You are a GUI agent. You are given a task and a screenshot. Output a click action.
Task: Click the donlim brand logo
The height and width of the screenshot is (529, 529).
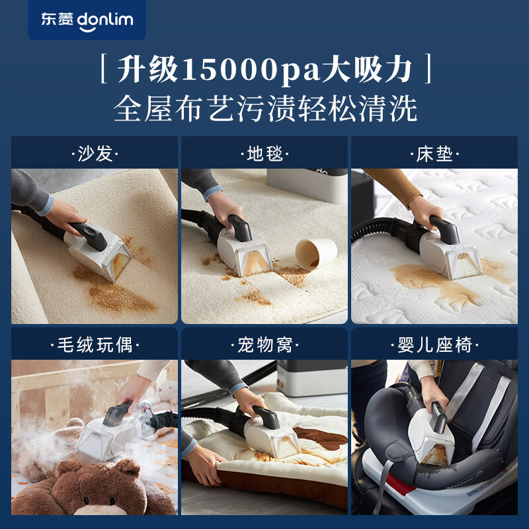coord(87,20)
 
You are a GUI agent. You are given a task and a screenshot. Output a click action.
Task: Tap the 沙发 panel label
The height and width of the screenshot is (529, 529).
coord(95,155)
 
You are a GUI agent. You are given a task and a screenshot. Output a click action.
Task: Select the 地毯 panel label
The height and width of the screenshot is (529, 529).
coord(264,155)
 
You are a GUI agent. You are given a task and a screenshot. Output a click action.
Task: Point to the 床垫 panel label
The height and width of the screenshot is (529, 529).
coord(434,155)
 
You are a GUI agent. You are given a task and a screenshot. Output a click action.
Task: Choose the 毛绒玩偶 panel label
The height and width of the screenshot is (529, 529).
coord(95,345)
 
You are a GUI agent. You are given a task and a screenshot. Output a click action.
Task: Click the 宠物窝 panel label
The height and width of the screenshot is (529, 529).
coord(264,345)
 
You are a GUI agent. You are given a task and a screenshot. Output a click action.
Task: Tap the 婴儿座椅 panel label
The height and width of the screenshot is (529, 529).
coord(434,345)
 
